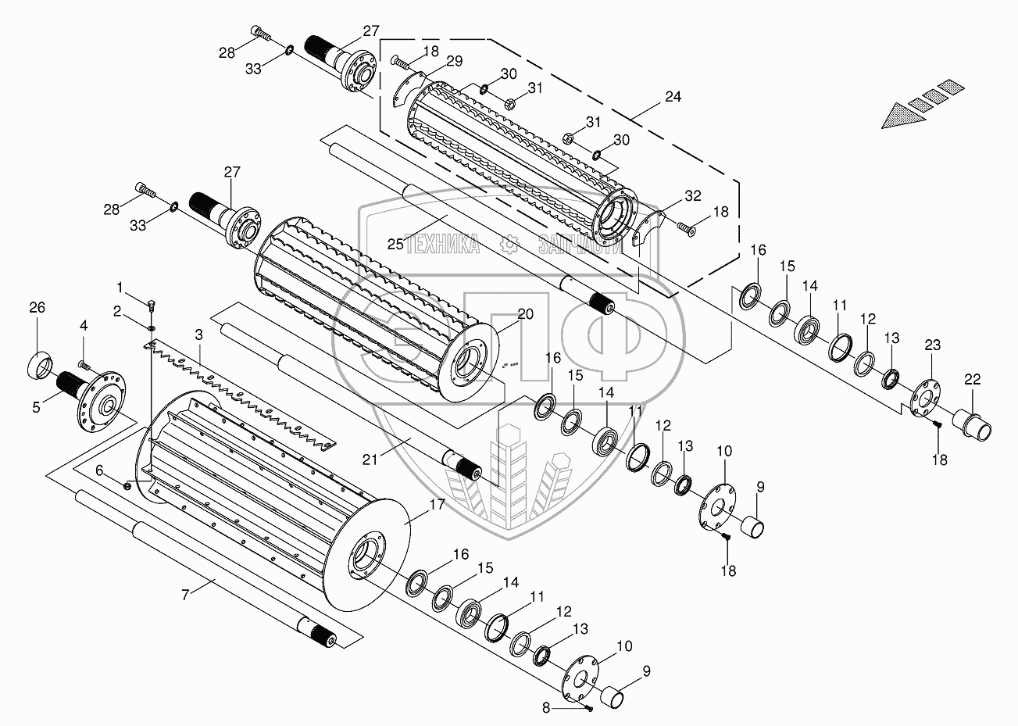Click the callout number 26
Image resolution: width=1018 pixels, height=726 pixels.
(38, 308)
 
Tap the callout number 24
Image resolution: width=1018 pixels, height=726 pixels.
(673, 97)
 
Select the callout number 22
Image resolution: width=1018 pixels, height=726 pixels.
(972, 379)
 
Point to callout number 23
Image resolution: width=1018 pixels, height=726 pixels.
(933, 345)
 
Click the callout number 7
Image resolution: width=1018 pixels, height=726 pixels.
(185, 595)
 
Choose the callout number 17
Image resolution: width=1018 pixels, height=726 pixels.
(435, 505)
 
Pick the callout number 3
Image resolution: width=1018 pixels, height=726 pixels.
(199, 334)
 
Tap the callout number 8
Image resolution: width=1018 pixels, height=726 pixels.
(569, 708)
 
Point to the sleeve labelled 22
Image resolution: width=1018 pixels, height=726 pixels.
(975, 427)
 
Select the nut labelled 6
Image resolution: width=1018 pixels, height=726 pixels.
(127, 485)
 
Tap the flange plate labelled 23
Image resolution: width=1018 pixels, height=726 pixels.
(923, 397)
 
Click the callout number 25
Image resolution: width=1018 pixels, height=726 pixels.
(395, 245)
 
